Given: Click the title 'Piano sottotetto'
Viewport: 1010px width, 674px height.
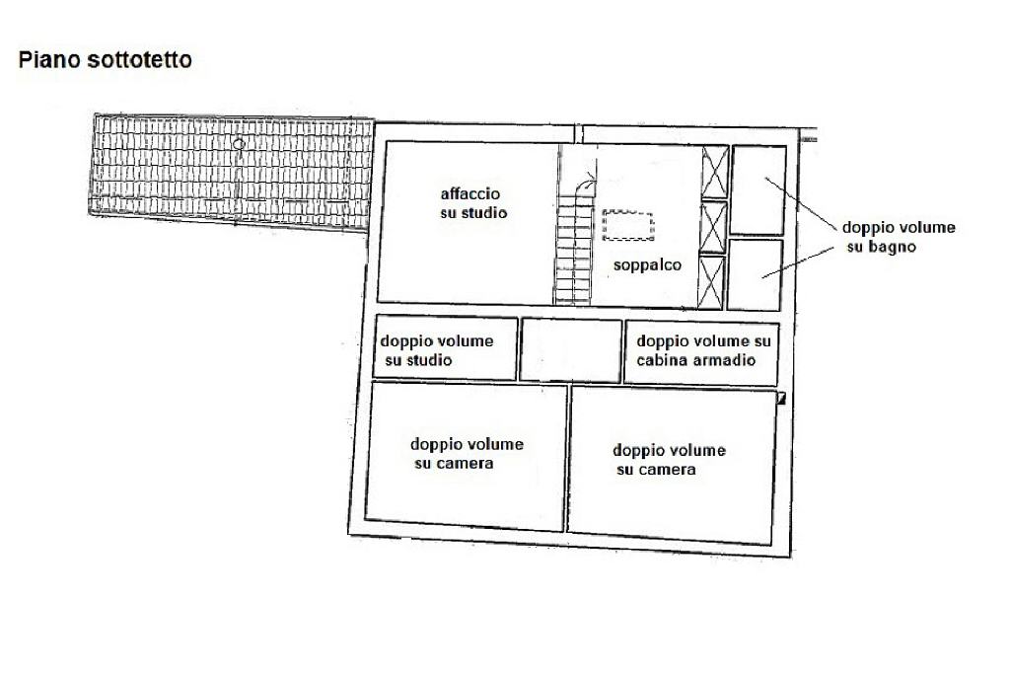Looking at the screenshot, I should (106, 61).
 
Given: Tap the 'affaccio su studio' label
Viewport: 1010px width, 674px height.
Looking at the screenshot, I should (473, 202).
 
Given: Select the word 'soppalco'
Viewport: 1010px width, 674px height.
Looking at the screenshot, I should (647, 264).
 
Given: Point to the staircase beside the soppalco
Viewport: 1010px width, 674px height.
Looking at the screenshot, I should (571, 247).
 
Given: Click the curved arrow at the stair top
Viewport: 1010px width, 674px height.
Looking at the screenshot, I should (589, 181).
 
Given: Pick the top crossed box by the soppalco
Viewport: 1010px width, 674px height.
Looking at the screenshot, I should (713, 171).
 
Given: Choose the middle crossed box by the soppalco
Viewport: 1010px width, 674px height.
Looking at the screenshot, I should (713, 227).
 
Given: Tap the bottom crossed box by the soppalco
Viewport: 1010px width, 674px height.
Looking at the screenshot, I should (712, 281).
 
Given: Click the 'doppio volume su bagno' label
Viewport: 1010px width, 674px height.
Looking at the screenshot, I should (897, 237).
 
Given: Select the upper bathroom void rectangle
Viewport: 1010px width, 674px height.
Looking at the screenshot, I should (757, 189).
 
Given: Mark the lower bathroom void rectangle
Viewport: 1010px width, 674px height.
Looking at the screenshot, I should (756, 274).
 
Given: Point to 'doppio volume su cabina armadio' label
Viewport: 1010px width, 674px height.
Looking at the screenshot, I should (702, 350).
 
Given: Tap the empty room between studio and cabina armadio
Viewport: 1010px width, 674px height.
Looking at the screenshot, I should (570, 349).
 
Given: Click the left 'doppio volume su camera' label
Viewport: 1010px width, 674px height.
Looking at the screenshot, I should (467, 454).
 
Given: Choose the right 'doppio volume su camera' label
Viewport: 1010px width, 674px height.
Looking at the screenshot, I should (669, 460).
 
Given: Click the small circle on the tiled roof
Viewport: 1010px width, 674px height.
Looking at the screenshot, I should (238, 144).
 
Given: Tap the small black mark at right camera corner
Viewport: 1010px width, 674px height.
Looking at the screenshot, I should (780, 399).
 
